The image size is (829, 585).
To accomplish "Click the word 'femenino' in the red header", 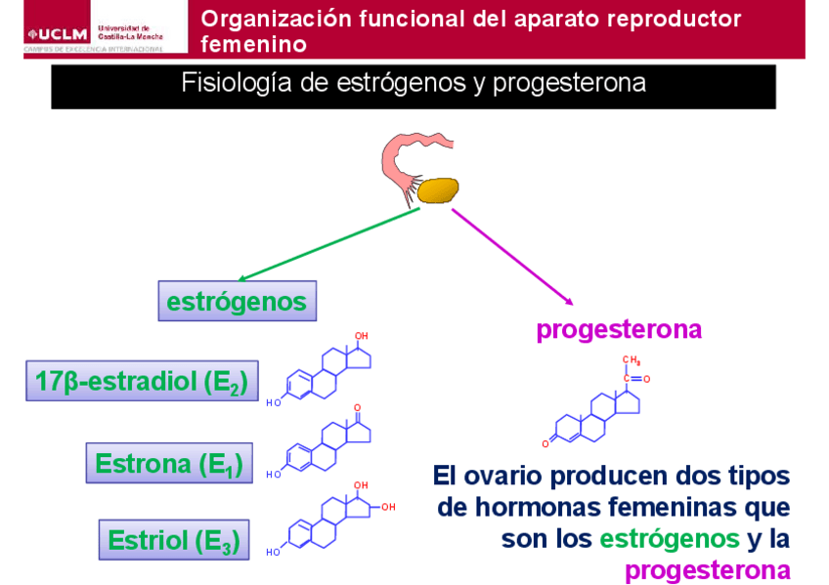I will (x=253, y=44).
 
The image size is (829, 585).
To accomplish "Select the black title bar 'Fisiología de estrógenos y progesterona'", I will (x=413, y=85).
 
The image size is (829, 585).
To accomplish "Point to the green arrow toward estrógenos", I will (x=332, y=244).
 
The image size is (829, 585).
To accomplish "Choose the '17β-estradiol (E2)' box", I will (x=142, y=382).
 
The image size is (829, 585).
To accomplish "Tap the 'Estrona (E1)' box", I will (x=169, y=462).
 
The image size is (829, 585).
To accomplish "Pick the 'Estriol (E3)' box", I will (x=174, y=539).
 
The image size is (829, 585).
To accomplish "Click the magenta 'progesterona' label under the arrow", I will (x=618, y=329).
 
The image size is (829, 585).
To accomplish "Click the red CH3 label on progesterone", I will (x=631, y=360).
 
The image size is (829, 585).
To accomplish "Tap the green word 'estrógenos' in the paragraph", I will (x=669, y=538).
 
